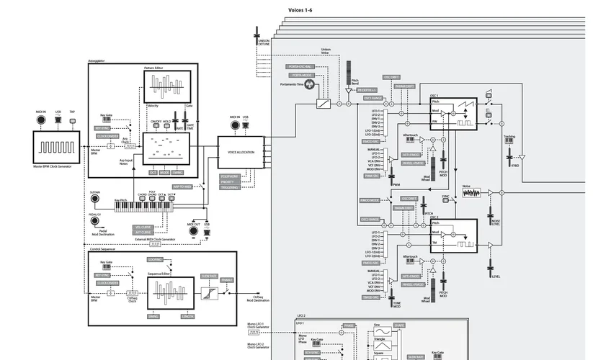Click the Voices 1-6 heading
point(300,9)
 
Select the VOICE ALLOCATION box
point(241,152)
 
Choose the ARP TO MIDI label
point(182,186)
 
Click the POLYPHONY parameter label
point(230,176)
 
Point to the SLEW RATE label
point(209,276)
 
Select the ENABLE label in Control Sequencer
point(227,279)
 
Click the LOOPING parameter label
point(156,259)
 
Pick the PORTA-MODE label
point(302,74)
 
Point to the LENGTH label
point(187,316)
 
